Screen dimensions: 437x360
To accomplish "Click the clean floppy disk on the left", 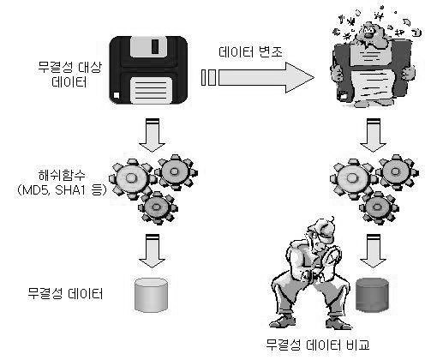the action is point(148,70).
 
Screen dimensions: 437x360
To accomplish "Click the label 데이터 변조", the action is point(250,51).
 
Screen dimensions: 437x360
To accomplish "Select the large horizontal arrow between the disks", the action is point(258,77).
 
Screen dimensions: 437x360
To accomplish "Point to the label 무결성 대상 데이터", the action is point(69,75).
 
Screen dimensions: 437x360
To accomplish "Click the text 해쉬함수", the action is point(62,176).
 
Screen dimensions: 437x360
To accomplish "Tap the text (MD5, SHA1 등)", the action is point(61,190).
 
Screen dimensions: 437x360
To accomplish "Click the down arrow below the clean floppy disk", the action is point(152,135).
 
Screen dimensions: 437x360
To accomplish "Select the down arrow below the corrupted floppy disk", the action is point(373,135).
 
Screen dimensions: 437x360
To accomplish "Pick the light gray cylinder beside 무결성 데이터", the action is point(151,295).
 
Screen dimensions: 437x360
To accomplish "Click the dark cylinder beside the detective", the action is point(373,295).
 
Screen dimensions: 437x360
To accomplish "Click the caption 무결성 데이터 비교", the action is point(318,345).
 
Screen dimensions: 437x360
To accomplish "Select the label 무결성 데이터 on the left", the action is point(65,293).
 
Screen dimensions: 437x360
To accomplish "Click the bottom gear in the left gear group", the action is point(158,207).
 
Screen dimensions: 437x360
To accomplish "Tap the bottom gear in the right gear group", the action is point(379,207).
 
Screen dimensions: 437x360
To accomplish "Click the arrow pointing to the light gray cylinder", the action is point(152,250).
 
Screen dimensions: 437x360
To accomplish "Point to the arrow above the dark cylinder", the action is point(373,250).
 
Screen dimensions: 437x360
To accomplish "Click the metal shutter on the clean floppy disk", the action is point(148,47).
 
